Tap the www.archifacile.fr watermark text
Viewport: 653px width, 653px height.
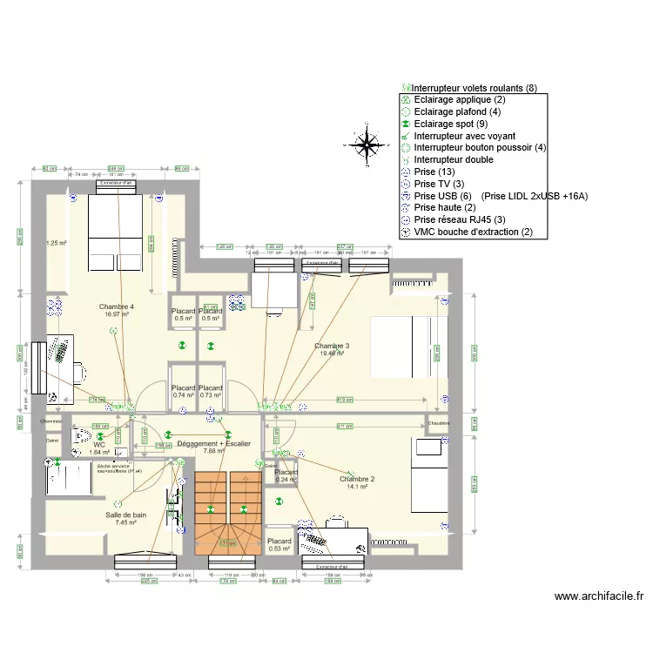tap(599, 596)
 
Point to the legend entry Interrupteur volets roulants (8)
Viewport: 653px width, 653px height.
tap(474, 88)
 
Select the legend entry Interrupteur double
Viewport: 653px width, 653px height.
tap(453, 160)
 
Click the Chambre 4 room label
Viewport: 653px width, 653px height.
tap(117, 307)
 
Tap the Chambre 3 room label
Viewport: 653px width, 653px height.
tap(332, 347)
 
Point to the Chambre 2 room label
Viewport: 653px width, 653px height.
tap(357, 480)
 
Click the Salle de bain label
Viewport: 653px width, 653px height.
tap(125, 515)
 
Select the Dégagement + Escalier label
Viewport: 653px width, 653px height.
tap(213, 444)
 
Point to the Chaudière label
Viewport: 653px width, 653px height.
tap(439, 424)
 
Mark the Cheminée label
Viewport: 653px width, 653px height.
tap(50, 422)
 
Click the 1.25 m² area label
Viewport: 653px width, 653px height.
tap(56, 244)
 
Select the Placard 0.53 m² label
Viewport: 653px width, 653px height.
tap(279, 545)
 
